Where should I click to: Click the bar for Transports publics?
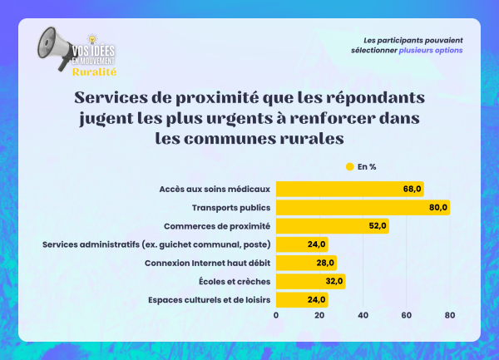click(363, 207)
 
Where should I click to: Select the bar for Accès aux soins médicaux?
click(349, 189)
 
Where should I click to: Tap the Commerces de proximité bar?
click(332, 225)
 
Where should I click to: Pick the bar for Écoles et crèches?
click(310, 282)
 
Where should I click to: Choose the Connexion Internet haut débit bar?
click(306, 263)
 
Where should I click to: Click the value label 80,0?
click(438, 207)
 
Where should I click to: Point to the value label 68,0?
click(413, 189)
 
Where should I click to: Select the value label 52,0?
click(378, 225)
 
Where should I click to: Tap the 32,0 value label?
click(333, 282)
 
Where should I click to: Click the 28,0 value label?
click(325, 263)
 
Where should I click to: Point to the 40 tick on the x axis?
click(363, 315)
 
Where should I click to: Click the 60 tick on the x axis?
click(407, 315)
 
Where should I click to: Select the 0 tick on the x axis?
click(276, 315)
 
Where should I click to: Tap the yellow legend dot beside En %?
click(349, 166)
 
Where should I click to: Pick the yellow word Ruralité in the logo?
click(94, 72)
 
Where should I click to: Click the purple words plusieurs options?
click(431, 51)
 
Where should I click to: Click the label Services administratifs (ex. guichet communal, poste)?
click(156, 244)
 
